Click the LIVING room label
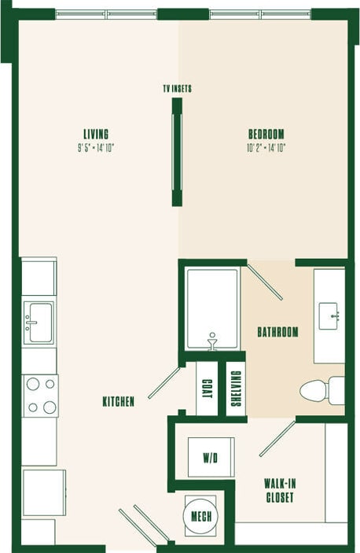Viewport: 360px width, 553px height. click(x=97, y=134)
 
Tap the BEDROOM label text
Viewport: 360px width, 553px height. click(x=266, y=134)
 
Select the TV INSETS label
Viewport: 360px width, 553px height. click(x=177, y=89)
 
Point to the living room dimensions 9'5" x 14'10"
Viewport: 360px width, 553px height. click(x=97, y=147)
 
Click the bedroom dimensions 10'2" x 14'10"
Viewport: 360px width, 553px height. click(x=266, y=147)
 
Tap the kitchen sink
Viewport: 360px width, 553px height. click(x=39, y=322)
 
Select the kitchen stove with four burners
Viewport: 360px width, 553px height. click(x=39, y=396)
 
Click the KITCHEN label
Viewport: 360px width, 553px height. click(x=119, y=402)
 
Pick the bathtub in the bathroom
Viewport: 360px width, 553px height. click(x=212, y=309)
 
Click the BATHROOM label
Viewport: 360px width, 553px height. click(x=277, y=332)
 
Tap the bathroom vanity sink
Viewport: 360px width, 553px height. click(x=329, y=315)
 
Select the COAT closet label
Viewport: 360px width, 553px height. click(x=207, y=388)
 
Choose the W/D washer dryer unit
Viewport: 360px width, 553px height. click(x=210, y=456)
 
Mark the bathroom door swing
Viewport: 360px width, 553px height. click(x=265, y=282)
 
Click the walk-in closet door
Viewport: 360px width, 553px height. click(x=277, y=439)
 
